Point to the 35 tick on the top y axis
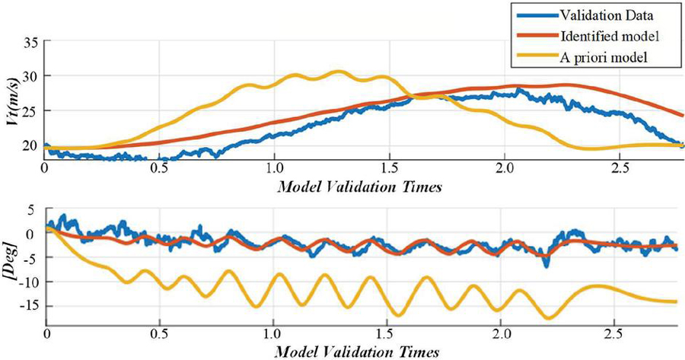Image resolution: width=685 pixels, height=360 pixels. coord(30,42)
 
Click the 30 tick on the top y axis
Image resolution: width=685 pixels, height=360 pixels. coord(30,76)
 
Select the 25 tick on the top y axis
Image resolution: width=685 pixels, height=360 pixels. coord(30,111)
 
